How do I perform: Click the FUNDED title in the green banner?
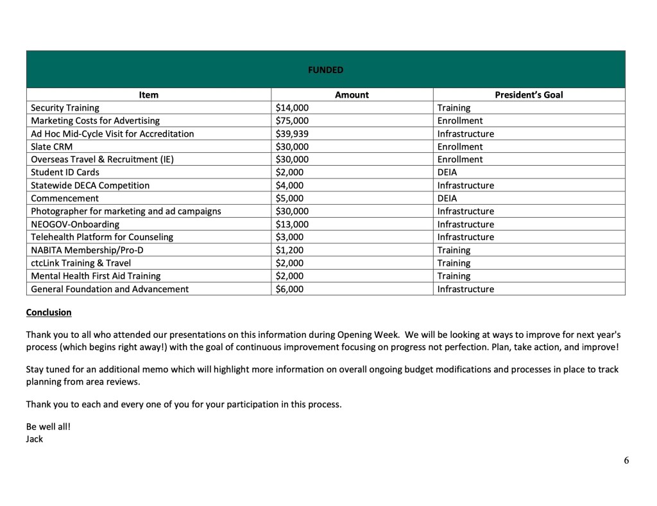[x=326, y=69]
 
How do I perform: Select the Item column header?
[x=148, y=95]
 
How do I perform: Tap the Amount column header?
[x=352, y=95]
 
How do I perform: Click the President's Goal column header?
[x=529, y=95]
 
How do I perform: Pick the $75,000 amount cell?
[x=292, y=121]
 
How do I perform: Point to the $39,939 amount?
[x=292, y=134]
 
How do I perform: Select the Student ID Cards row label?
[x=65, y=172]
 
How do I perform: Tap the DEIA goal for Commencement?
[x=447, y=198]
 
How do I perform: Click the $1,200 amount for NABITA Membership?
[x=289, y=250]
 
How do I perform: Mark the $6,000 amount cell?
[x=289, y=289]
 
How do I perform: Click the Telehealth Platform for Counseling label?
[x=102, y=237]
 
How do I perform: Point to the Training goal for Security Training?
[x=454, y=108]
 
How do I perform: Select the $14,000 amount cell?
[x=292, y=108]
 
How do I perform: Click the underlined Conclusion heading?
[x=49, y=313]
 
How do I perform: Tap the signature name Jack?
[x=35, y=439]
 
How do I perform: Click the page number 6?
[x=626, y=460]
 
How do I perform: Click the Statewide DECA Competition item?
[x=90, y=186]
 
